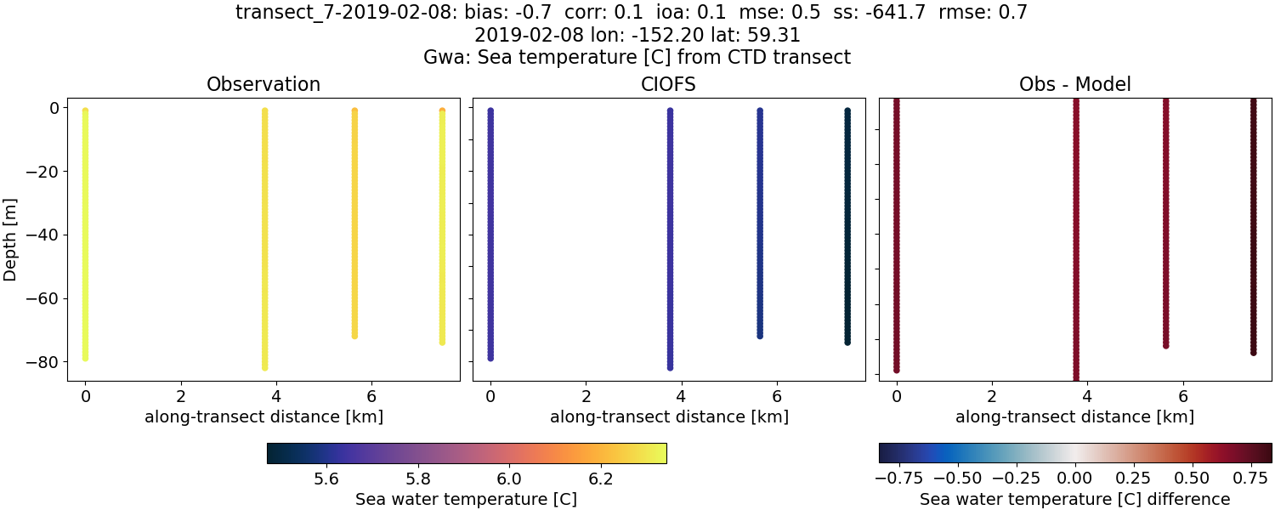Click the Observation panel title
tap(263, 85)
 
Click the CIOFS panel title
tap(669, 85)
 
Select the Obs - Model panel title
tap(1074, 85)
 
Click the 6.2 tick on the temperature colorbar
tap(601, 479)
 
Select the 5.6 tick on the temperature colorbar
tap(327, 479)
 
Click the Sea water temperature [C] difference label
tap(1074, 499)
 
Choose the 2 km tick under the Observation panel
tap(180, 396)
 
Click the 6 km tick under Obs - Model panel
tap(1182, 396)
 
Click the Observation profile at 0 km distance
tap(85, 234)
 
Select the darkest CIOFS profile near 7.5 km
tap(847, 225)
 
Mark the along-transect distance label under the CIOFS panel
tap(669, 416)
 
